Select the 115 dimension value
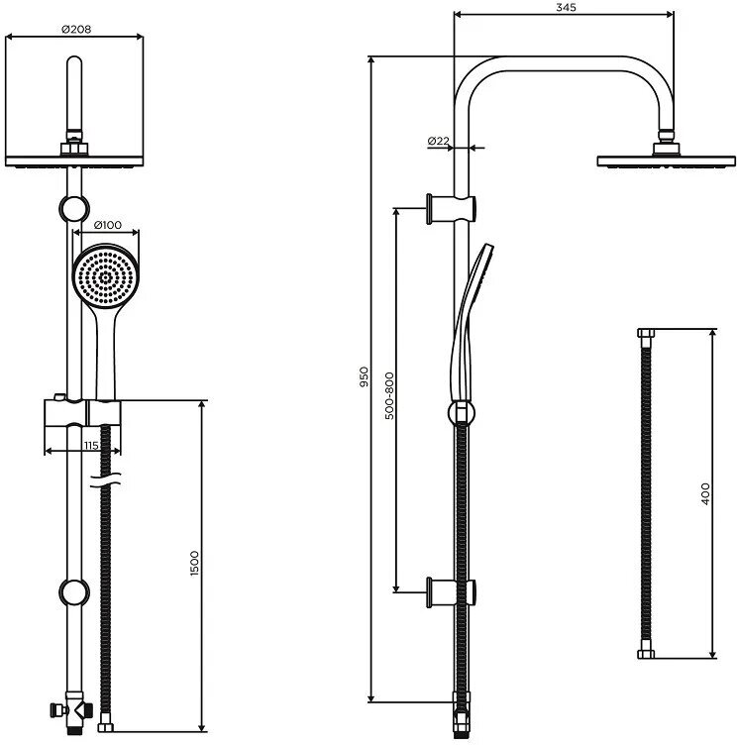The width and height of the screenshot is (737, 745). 91,446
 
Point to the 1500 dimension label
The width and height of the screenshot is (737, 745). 194,566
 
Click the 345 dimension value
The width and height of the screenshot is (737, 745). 566,8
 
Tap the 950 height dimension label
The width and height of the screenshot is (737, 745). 365,376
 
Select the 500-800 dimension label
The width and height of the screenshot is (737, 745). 389,396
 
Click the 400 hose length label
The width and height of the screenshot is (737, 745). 705,494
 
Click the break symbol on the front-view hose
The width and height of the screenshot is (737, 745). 106,484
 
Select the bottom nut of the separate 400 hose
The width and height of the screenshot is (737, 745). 646,654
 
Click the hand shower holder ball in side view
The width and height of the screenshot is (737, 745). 461,413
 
